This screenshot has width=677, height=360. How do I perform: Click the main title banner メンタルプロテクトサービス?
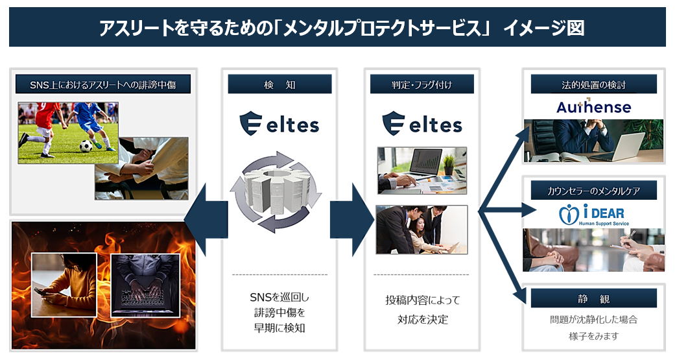click(x=337, y=28)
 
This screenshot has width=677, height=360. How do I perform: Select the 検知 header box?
click(x=279, y=84)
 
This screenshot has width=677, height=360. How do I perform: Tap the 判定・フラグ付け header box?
click(x=422, y=84)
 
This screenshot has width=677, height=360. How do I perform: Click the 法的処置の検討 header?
click(x=593, y=84)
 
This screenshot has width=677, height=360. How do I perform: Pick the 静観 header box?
click(x=593, y=298)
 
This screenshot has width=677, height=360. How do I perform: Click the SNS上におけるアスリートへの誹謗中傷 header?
click(x=102, y=84)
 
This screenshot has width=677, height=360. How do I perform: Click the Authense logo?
click(x=593, y=106)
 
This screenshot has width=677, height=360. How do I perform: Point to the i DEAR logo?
click(x=593, y=215)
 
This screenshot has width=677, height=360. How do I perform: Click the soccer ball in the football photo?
click(x=86, y=146)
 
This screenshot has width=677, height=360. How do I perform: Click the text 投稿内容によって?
click(x=422, y=300)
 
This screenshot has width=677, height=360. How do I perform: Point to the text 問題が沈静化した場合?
click(x=593, y=320)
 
